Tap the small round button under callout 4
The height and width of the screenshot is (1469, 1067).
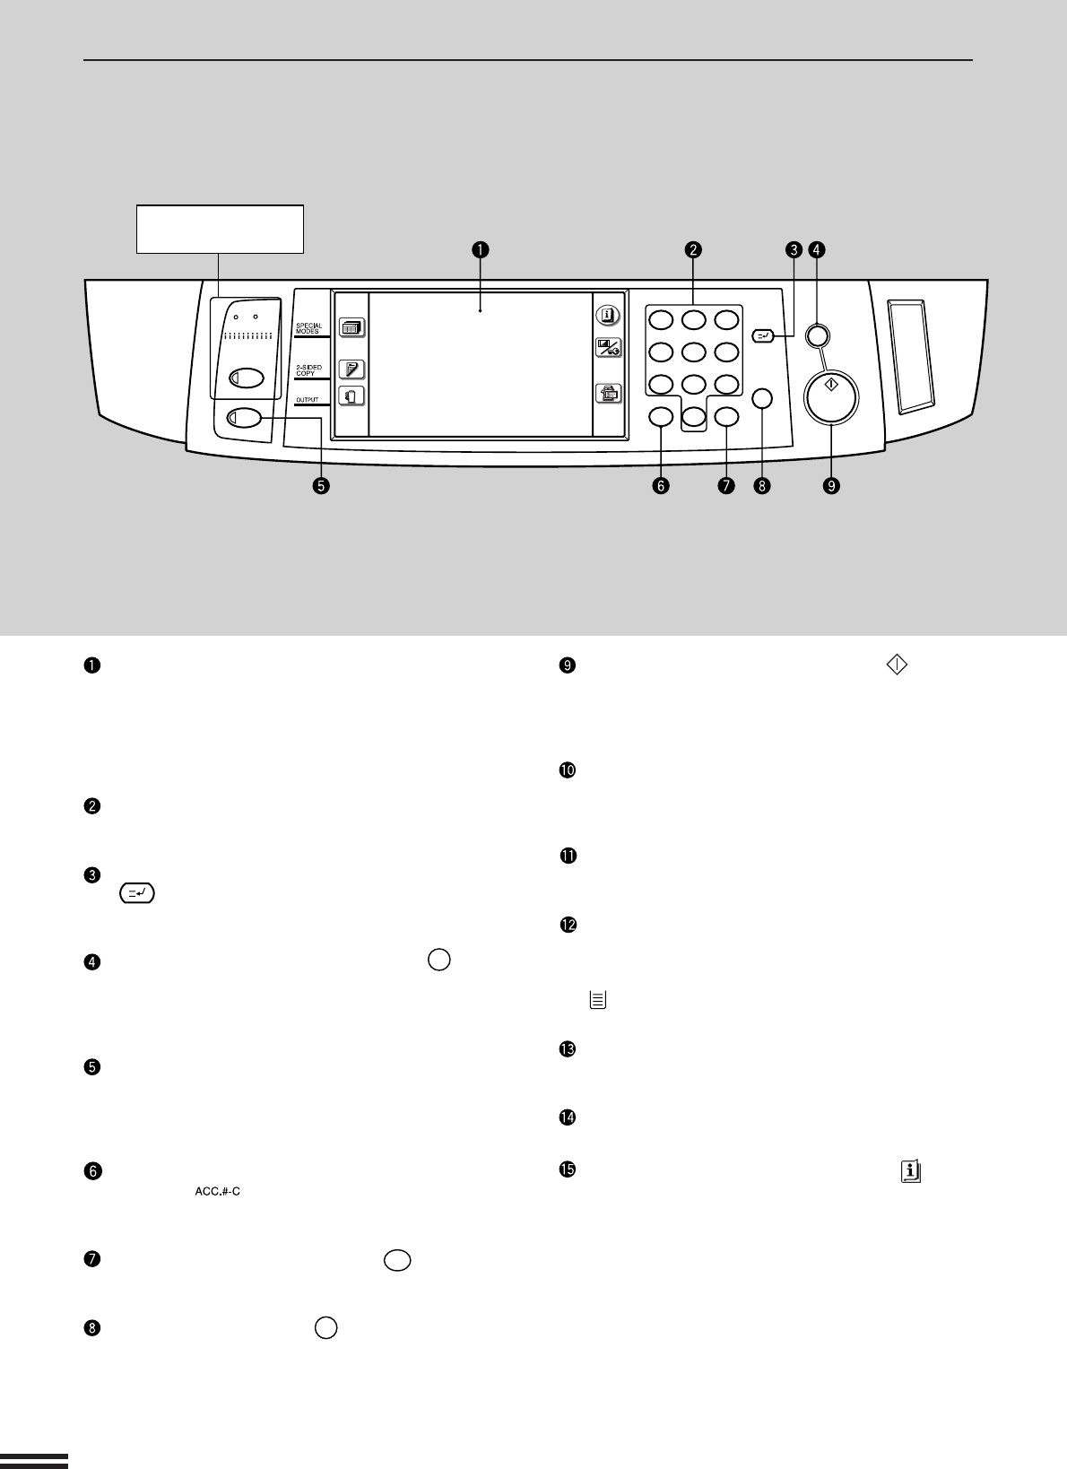tap(817, 336)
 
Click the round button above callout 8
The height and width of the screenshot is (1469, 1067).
tap(762, 397)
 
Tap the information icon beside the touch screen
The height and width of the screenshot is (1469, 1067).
tap(608, 315)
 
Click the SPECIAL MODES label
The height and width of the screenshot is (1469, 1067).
tap(308, 329)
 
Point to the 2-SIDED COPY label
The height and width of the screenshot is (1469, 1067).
tap(308, 369)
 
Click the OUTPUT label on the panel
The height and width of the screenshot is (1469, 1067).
tap(307, 400)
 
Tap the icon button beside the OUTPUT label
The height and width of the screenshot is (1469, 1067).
tap(351, 396)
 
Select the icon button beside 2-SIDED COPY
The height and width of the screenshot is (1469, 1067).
tap(351, 369)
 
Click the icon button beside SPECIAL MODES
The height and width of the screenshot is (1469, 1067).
tap(351, 327)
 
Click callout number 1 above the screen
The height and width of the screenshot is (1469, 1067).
tap(481, 250)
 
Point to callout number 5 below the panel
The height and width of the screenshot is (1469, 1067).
tap(320, 485)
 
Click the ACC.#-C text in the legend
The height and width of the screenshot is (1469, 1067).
tap(218, 1192)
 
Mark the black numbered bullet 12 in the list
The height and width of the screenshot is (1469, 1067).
tap(568, 926)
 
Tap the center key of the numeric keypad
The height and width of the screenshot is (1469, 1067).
tap(693, 352)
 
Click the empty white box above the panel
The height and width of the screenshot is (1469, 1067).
tap(220, 229)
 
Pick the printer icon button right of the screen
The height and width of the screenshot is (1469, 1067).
tap(608, 392)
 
